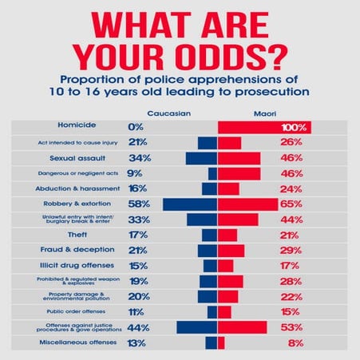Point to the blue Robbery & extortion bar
(190, 204)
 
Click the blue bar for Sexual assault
(202, 158)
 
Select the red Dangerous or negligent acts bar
(239, 173)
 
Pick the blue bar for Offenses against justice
(196, 327)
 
